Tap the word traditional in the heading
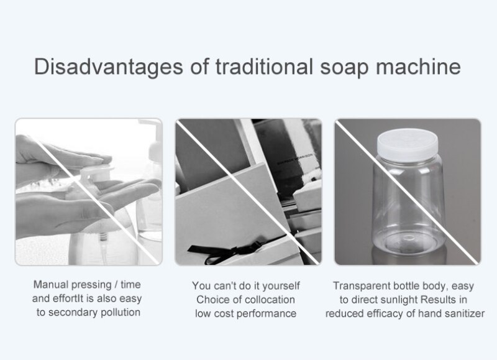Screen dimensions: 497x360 264,67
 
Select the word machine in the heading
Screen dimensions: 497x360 418,67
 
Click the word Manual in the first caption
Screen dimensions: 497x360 50,285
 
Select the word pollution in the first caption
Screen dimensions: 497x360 121,313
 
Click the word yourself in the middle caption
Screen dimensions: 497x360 281,286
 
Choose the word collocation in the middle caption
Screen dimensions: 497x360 270,300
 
